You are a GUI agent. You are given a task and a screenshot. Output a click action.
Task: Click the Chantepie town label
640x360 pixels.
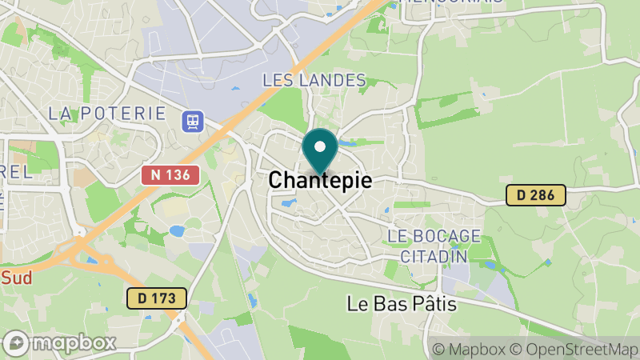coord(320,181)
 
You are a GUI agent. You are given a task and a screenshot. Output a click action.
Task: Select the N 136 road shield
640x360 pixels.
coord(170,174)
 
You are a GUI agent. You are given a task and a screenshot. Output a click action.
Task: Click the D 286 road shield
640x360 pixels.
coord(536,194)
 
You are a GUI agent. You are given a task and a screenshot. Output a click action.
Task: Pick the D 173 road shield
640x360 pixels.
coord(157,298)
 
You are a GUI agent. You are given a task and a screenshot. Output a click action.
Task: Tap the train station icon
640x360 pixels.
coord(193,121)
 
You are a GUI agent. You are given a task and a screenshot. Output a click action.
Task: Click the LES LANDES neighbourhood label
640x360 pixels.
coord(314,81)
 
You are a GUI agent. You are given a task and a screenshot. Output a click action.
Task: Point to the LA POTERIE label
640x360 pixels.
coord(106,114)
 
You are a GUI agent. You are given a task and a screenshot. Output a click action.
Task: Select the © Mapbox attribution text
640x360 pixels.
coord(470,349)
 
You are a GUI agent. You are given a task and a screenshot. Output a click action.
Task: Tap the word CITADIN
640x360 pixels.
coord(426,256)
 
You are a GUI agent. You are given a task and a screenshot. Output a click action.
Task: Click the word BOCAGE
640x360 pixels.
coord(445,236)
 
